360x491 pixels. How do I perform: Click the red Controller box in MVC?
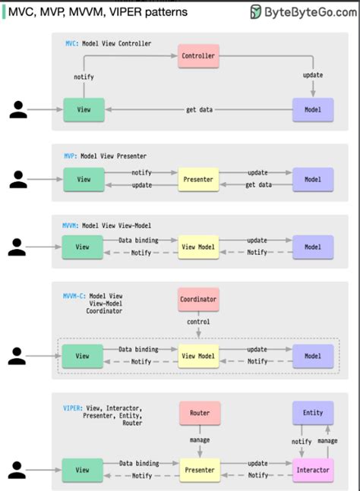click(198, 55)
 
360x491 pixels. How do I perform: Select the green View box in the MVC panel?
click(83, 110)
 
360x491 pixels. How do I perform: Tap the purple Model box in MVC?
click(313, 110)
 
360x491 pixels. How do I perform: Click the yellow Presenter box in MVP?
click(198, 180)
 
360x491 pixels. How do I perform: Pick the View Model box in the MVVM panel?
click(198, 247)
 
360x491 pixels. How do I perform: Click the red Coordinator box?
click(198, 299)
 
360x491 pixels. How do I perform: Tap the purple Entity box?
click(313, 413)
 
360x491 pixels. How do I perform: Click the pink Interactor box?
click(313, 470)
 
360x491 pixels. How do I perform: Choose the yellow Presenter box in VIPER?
click(198, 470)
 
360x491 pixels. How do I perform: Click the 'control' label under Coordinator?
click(198, 322)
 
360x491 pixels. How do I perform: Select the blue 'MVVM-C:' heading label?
click(74, 296)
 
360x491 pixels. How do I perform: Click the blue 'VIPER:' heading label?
click(72, 408)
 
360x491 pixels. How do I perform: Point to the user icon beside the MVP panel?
click(18, 180)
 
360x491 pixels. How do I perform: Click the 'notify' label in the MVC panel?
click(84, 77)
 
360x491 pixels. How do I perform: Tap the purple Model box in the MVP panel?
click(313, 180)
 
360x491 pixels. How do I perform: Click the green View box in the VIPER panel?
click(83, 470)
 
